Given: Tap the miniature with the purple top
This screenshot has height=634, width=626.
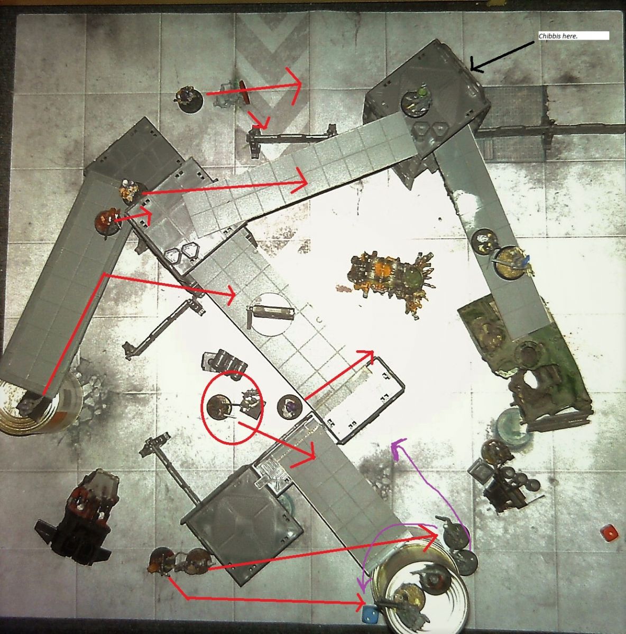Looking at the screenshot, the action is tap(289, 407).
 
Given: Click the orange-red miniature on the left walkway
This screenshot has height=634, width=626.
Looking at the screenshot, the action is tap(108, 220).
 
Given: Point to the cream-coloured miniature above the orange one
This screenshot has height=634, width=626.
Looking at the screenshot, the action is tap(130, 190).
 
